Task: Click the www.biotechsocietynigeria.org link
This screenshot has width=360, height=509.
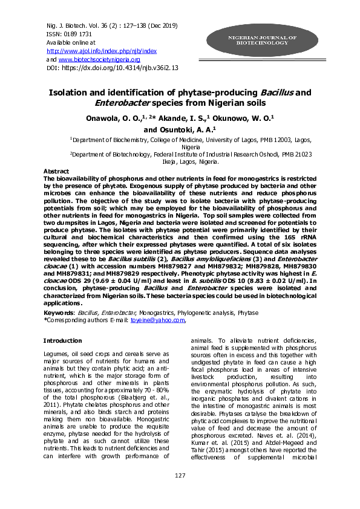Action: (x=99, y=60)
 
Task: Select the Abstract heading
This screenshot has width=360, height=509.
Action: (x=57, y=171)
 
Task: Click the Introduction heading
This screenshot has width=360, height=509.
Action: (x=64, y=341)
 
